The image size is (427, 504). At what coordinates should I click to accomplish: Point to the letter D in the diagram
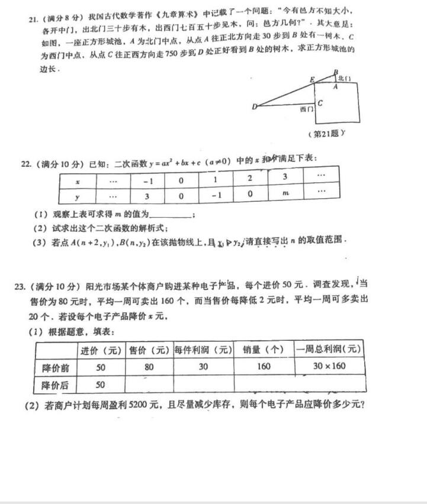254,107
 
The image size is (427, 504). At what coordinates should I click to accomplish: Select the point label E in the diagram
312,80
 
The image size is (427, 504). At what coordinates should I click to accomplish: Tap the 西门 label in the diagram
307,109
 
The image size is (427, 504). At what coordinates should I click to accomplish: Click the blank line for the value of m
172,215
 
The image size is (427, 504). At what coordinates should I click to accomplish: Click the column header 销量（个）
264,350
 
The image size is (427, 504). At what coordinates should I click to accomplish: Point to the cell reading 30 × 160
329,366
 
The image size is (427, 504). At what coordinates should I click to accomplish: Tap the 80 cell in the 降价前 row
149,367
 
